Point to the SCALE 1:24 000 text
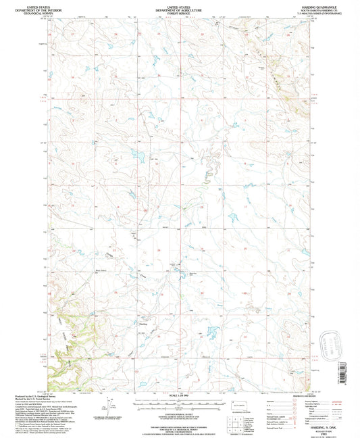click(x=180, y=395)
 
